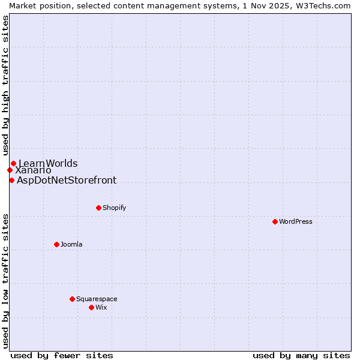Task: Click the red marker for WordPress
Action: [x=275, y=221]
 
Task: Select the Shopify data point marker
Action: [x=98, y=208]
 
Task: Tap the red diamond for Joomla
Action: [x=56, y=244]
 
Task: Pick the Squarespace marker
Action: [x=72, y=299]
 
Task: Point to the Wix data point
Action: [x=91, y=307]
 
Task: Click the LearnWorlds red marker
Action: [x=13, y=163]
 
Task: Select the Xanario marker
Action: [x=10, y=170]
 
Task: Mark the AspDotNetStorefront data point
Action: [x=11, y=180]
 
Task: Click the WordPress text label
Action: [x=296, y=221]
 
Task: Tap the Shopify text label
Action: [x=114, y=208]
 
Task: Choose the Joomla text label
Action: [x=71, y=244]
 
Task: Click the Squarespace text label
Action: [x=97, y=299]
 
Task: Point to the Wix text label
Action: [x=101, y=307]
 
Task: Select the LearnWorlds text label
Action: [x=48, y=163]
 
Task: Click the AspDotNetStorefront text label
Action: [x=67, y=180]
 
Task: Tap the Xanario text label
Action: [x=33, y=170]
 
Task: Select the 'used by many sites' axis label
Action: [x=301, y=355]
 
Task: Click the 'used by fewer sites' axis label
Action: [x=62, y=355]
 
